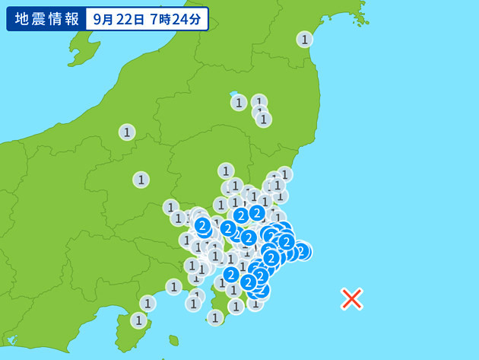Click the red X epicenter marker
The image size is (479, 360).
tap(351, 298)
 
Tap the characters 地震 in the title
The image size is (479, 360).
tap(28, 19)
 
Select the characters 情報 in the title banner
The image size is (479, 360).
tap(64, 19)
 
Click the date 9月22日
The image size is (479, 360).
tap(120, 20)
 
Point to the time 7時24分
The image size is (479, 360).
tap(178, 20)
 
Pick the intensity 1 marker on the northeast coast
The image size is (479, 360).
tap(305, 40)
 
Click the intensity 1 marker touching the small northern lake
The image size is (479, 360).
tap(239, 102)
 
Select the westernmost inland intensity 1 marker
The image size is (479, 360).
tap(127, 132)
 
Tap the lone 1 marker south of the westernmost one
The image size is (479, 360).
tap(141, 180)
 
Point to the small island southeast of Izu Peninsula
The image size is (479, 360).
tap(174, 340)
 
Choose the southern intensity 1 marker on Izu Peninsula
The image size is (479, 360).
tap(138, 320)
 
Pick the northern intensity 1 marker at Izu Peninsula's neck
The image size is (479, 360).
tap(148, 303)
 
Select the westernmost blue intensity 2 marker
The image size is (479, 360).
tap(202, 225)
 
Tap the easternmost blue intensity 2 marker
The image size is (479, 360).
tap(301, 250)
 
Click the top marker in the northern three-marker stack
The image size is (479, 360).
tap(259, 102)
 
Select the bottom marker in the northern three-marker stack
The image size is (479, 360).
tap(264, 119)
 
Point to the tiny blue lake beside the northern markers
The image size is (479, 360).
tap(234, 94)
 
